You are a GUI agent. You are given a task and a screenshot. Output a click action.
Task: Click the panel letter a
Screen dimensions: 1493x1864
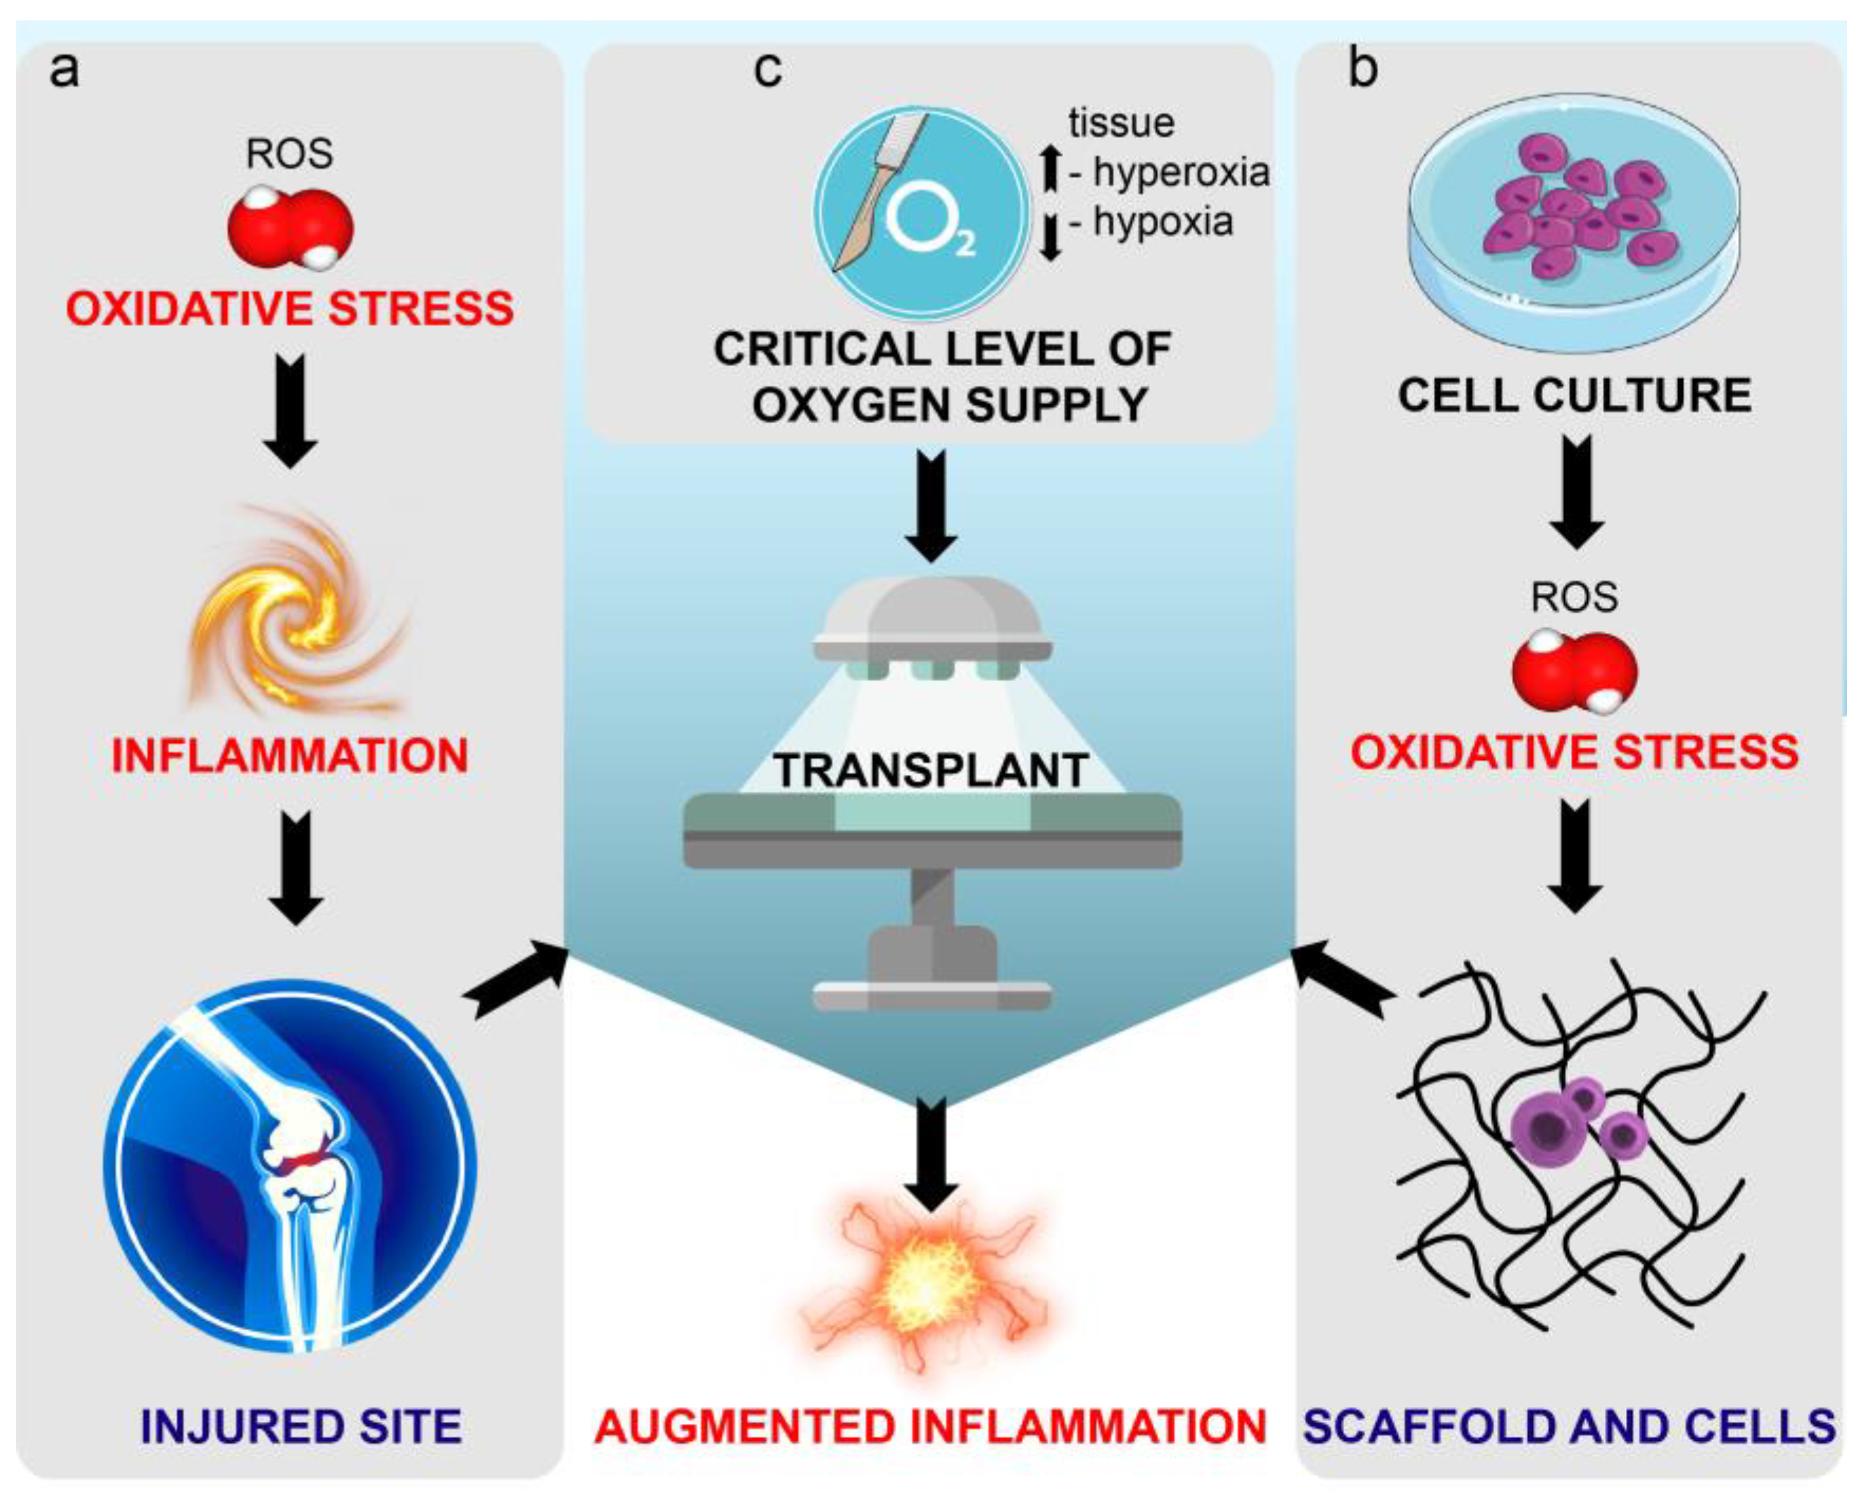point(64,69)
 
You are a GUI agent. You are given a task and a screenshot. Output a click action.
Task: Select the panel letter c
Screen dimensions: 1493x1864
point(768,69)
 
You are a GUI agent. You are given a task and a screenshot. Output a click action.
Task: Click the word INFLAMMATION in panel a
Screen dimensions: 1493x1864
point(289,756)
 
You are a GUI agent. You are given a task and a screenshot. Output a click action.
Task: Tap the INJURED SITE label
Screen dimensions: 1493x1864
point(301,1426)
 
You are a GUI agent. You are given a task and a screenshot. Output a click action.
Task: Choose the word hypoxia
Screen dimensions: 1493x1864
point(1163,222)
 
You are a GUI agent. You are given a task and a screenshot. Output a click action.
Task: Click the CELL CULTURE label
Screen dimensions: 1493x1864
point(1575,395)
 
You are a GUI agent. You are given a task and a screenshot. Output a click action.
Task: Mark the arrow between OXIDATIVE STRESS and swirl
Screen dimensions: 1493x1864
point(291,411)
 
